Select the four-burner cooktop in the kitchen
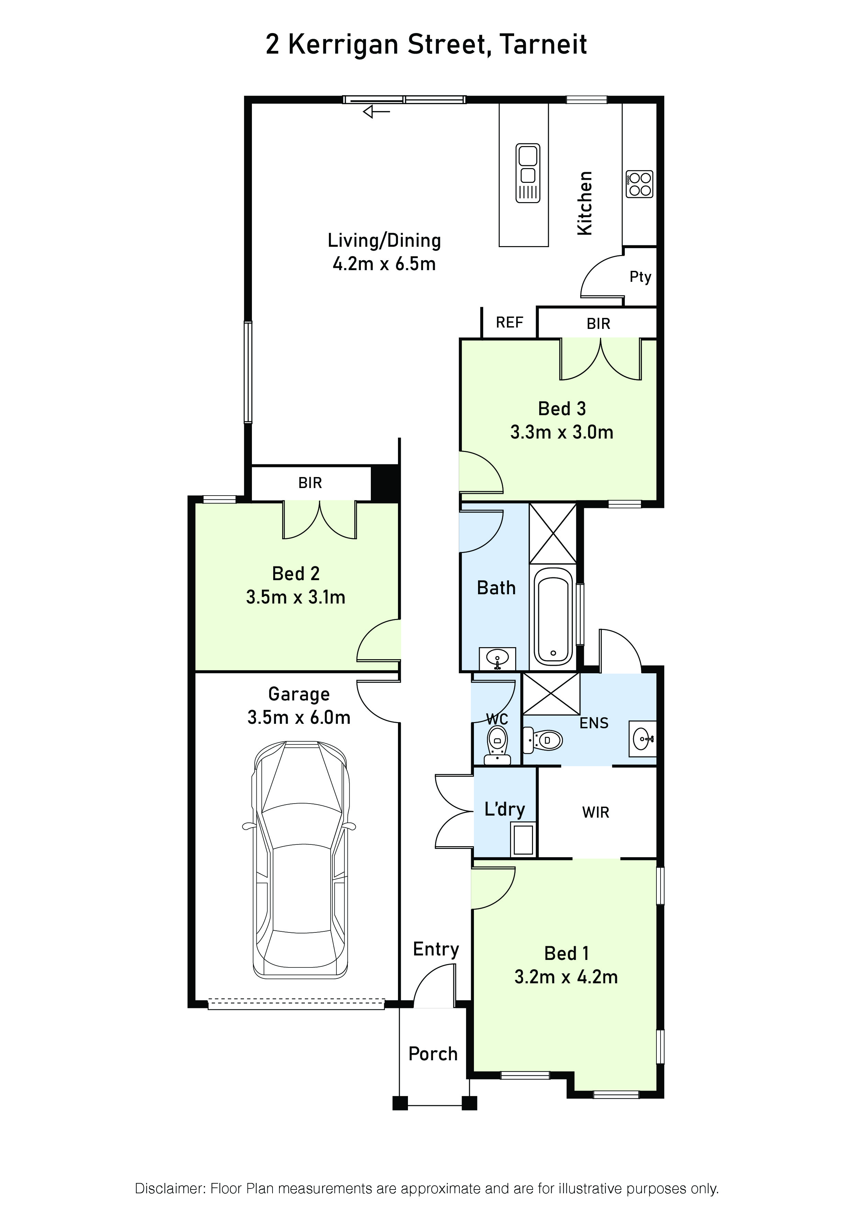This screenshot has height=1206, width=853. (639, 184)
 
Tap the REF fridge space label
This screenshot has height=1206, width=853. (509, 322)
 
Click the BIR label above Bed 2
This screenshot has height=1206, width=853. (310, 483)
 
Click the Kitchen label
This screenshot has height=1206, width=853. (585, 203)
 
